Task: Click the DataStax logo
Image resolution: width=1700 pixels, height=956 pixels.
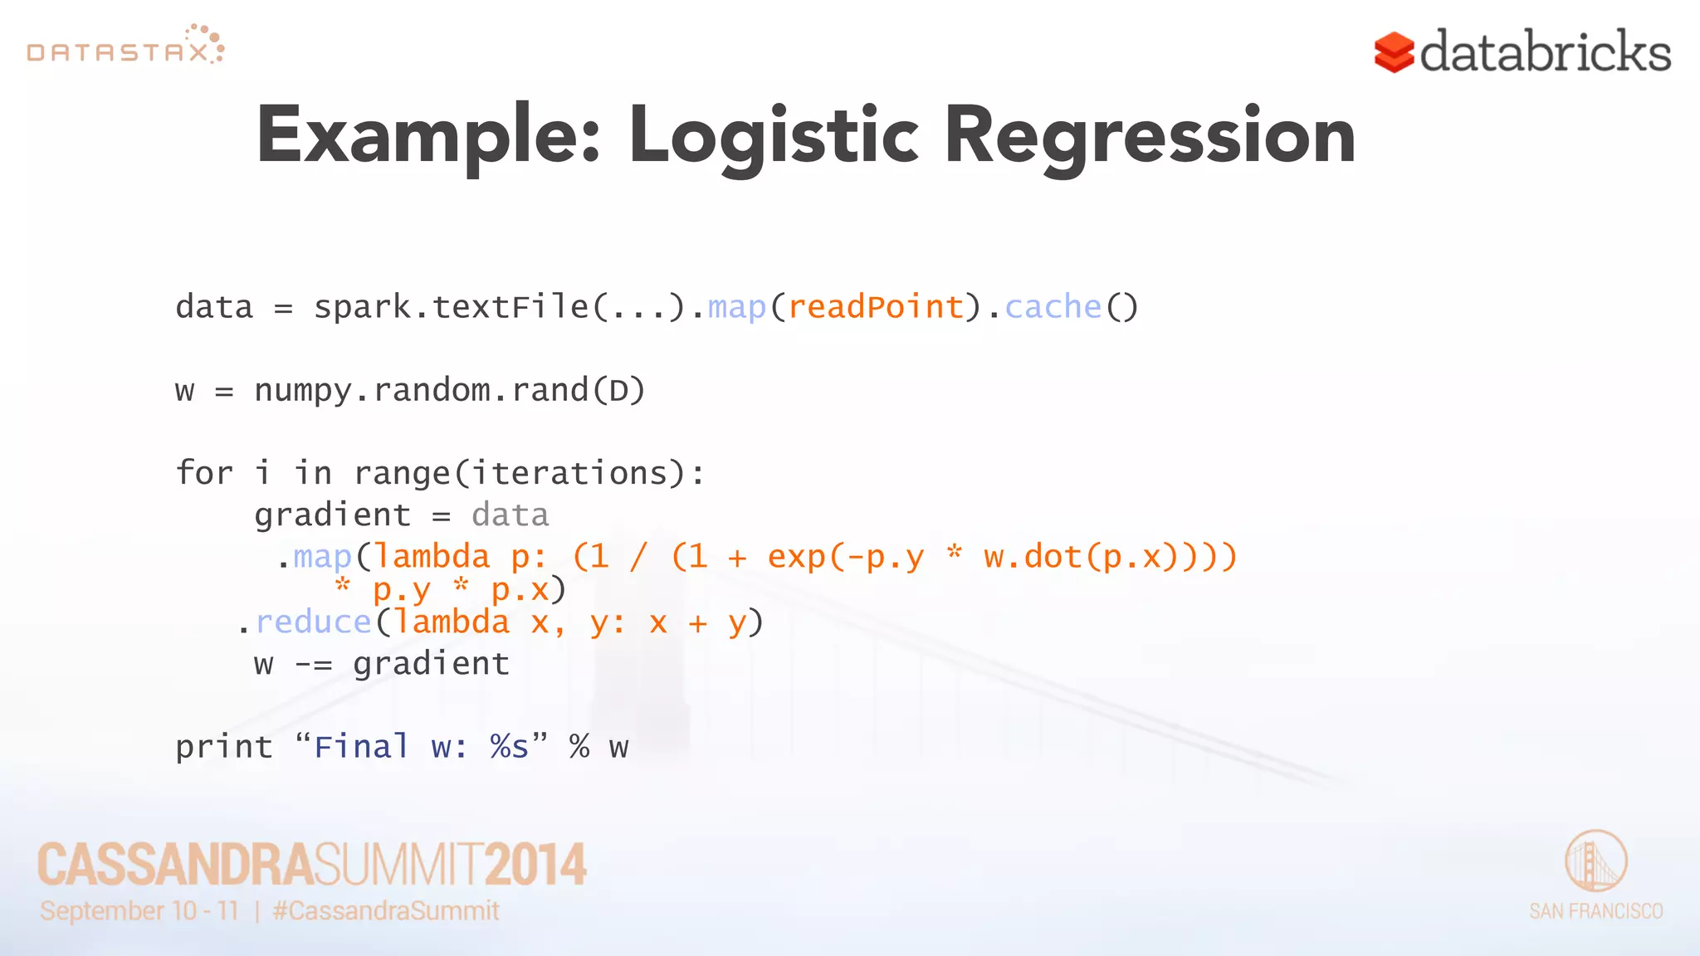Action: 125,46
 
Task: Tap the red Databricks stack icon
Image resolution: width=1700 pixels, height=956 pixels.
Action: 1394,52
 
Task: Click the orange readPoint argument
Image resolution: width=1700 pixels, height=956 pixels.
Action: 875,307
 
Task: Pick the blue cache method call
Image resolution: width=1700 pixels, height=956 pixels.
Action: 1053,307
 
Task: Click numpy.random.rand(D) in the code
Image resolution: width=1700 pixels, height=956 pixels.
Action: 449,390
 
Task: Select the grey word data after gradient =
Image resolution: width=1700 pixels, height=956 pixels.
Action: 510,515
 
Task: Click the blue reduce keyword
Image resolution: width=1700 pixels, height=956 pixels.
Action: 313,622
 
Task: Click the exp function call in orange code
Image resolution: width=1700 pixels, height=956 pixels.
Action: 797,556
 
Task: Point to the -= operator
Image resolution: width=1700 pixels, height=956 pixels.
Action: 313,664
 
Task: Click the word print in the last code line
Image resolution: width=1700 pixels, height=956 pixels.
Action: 223,747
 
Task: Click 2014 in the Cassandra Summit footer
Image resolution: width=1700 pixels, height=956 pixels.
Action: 535,864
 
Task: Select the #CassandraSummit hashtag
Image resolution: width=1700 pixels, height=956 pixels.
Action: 385,910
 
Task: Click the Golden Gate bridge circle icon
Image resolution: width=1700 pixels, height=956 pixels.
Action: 1595,861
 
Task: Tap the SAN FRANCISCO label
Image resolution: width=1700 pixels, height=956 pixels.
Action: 1595,911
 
